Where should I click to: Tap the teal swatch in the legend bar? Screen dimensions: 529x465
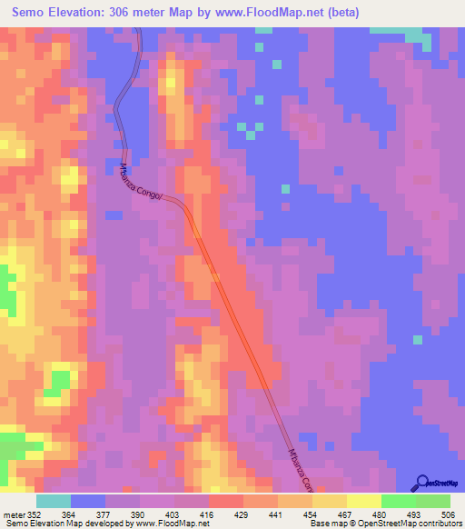coord(54,501)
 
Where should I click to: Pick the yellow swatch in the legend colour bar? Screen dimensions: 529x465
coord(364,501)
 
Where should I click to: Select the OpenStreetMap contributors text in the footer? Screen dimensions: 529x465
coord(418,524)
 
